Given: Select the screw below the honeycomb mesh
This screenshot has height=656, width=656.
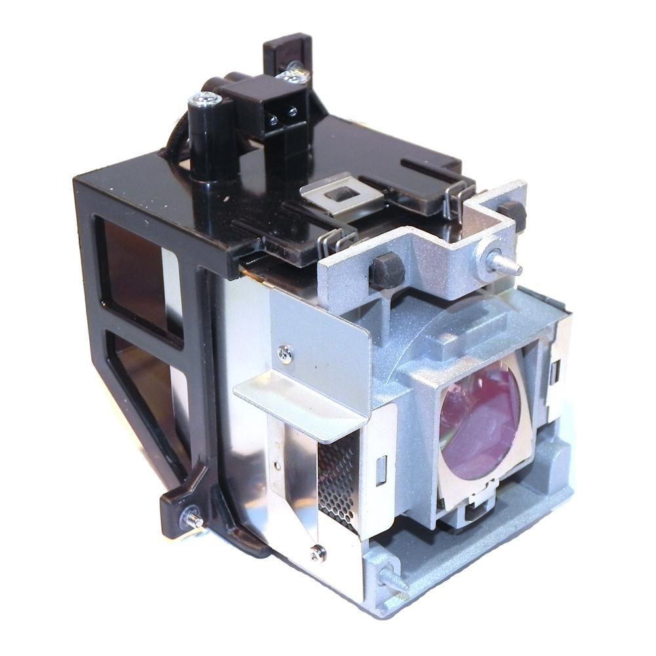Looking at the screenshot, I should click(x=318, y=553).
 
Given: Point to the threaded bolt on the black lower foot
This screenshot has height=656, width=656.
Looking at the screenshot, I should click(x=195, y=520).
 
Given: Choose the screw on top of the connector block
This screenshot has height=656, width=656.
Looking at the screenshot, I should click(x=293, y=77).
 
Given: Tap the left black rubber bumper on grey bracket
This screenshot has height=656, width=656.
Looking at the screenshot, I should click(x=385, y=267).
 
